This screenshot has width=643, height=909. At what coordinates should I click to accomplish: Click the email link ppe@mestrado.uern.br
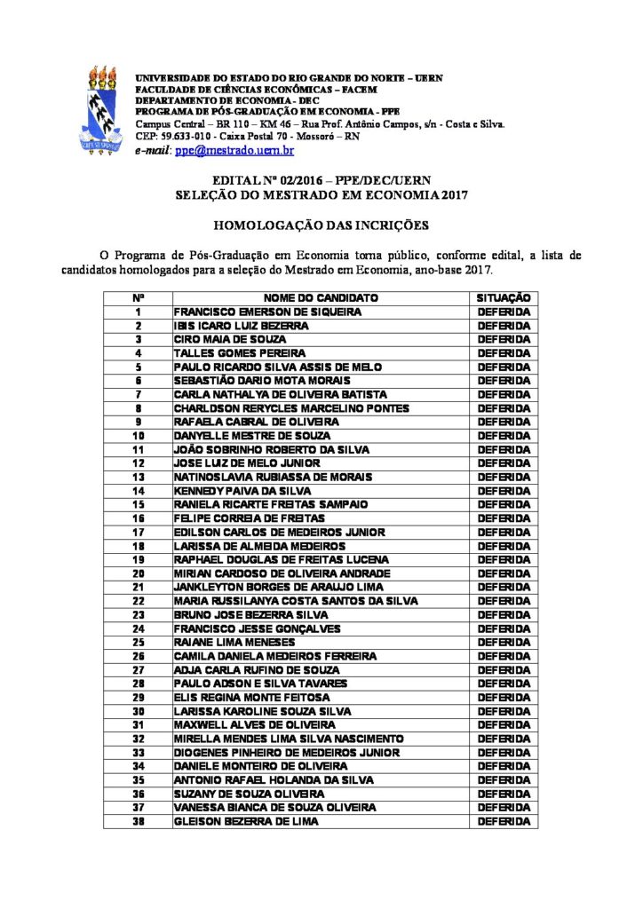coord(234,151)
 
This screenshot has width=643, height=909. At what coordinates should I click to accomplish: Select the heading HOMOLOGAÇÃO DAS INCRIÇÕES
coord(321,225)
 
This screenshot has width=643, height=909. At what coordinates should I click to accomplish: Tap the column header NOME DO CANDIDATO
coord(321,298)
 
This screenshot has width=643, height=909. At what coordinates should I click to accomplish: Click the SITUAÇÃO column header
coord(504,298)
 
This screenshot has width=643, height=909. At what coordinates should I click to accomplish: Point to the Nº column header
coord(138,298)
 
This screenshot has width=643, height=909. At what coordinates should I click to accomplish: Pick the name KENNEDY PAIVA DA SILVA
coord(238,491)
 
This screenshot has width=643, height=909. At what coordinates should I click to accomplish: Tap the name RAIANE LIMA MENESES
coord(228,642)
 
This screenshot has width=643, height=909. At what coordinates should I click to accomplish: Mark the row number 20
coord(138,573)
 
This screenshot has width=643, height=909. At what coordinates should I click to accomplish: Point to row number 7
coord(138,395)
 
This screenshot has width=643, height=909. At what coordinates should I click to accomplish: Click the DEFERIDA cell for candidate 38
coord(504,821)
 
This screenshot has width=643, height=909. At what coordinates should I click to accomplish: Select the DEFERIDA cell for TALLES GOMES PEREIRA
coord(504,353)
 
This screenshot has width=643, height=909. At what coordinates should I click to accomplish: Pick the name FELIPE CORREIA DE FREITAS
coord(249,518)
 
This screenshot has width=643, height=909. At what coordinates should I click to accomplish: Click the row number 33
coord(138,753)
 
